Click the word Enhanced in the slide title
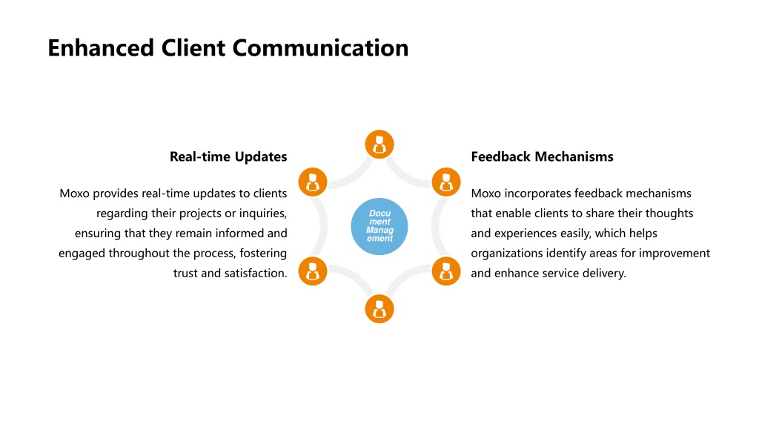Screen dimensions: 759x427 (x=101, y=48)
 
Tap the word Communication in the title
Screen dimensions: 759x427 (x=320, y=48)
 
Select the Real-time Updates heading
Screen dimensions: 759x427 (x=228, y=157)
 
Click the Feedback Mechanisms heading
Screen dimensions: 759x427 (x=542, y=157)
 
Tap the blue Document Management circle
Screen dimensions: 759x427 (x=379, y=226)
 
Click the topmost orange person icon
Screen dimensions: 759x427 (x=379, y=145)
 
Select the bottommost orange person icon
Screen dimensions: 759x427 (x=379, y=309)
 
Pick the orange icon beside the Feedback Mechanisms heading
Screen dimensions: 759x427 (x=445, y=182)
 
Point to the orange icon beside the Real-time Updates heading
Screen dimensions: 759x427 (x=313, y=182)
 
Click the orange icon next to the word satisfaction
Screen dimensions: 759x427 (x=313, y=271)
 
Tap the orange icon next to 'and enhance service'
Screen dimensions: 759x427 (x=445, y=271)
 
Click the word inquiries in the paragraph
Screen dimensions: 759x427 (x=263, y=213)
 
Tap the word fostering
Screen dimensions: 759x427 (x=263, y=254)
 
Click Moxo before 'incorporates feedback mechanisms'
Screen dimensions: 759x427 (x=486, y=193)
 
